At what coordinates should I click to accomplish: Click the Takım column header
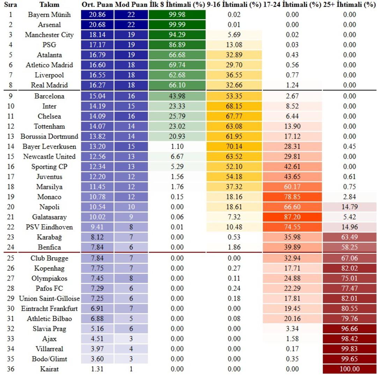49,5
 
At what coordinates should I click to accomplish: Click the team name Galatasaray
49,217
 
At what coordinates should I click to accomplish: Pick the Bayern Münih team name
49,15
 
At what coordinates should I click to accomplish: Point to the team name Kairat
49,369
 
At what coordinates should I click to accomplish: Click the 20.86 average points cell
97,15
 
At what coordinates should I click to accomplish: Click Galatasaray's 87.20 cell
292,217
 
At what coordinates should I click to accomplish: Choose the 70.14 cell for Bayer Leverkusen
234,146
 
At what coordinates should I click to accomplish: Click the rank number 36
11,369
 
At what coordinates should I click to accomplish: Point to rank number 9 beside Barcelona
11,96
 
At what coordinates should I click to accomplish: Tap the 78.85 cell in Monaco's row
292,197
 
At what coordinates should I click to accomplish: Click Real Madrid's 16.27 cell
97,85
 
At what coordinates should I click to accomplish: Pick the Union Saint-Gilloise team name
49,299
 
